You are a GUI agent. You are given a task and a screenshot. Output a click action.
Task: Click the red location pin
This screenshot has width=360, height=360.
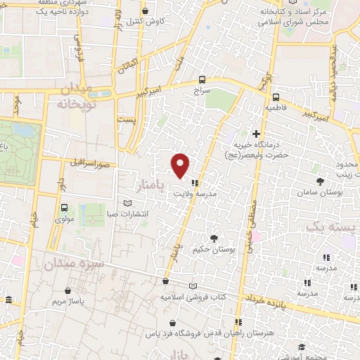point(181,165)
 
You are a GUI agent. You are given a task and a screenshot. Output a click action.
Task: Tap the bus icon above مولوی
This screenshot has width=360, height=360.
point(65,207)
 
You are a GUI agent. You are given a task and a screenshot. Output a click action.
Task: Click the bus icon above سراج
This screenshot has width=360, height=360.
point(202,79)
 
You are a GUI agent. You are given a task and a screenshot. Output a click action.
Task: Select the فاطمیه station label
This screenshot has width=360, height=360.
point(275,109)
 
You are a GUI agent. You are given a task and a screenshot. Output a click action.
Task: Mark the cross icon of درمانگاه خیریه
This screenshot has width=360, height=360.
point(257,134)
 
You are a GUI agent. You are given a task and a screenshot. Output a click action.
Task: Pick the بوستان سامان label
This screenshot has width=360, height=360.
point(319,191)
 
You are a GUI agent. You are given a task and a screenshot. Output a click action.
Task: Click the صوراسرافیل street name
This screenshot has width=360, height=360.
point(90,162)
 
